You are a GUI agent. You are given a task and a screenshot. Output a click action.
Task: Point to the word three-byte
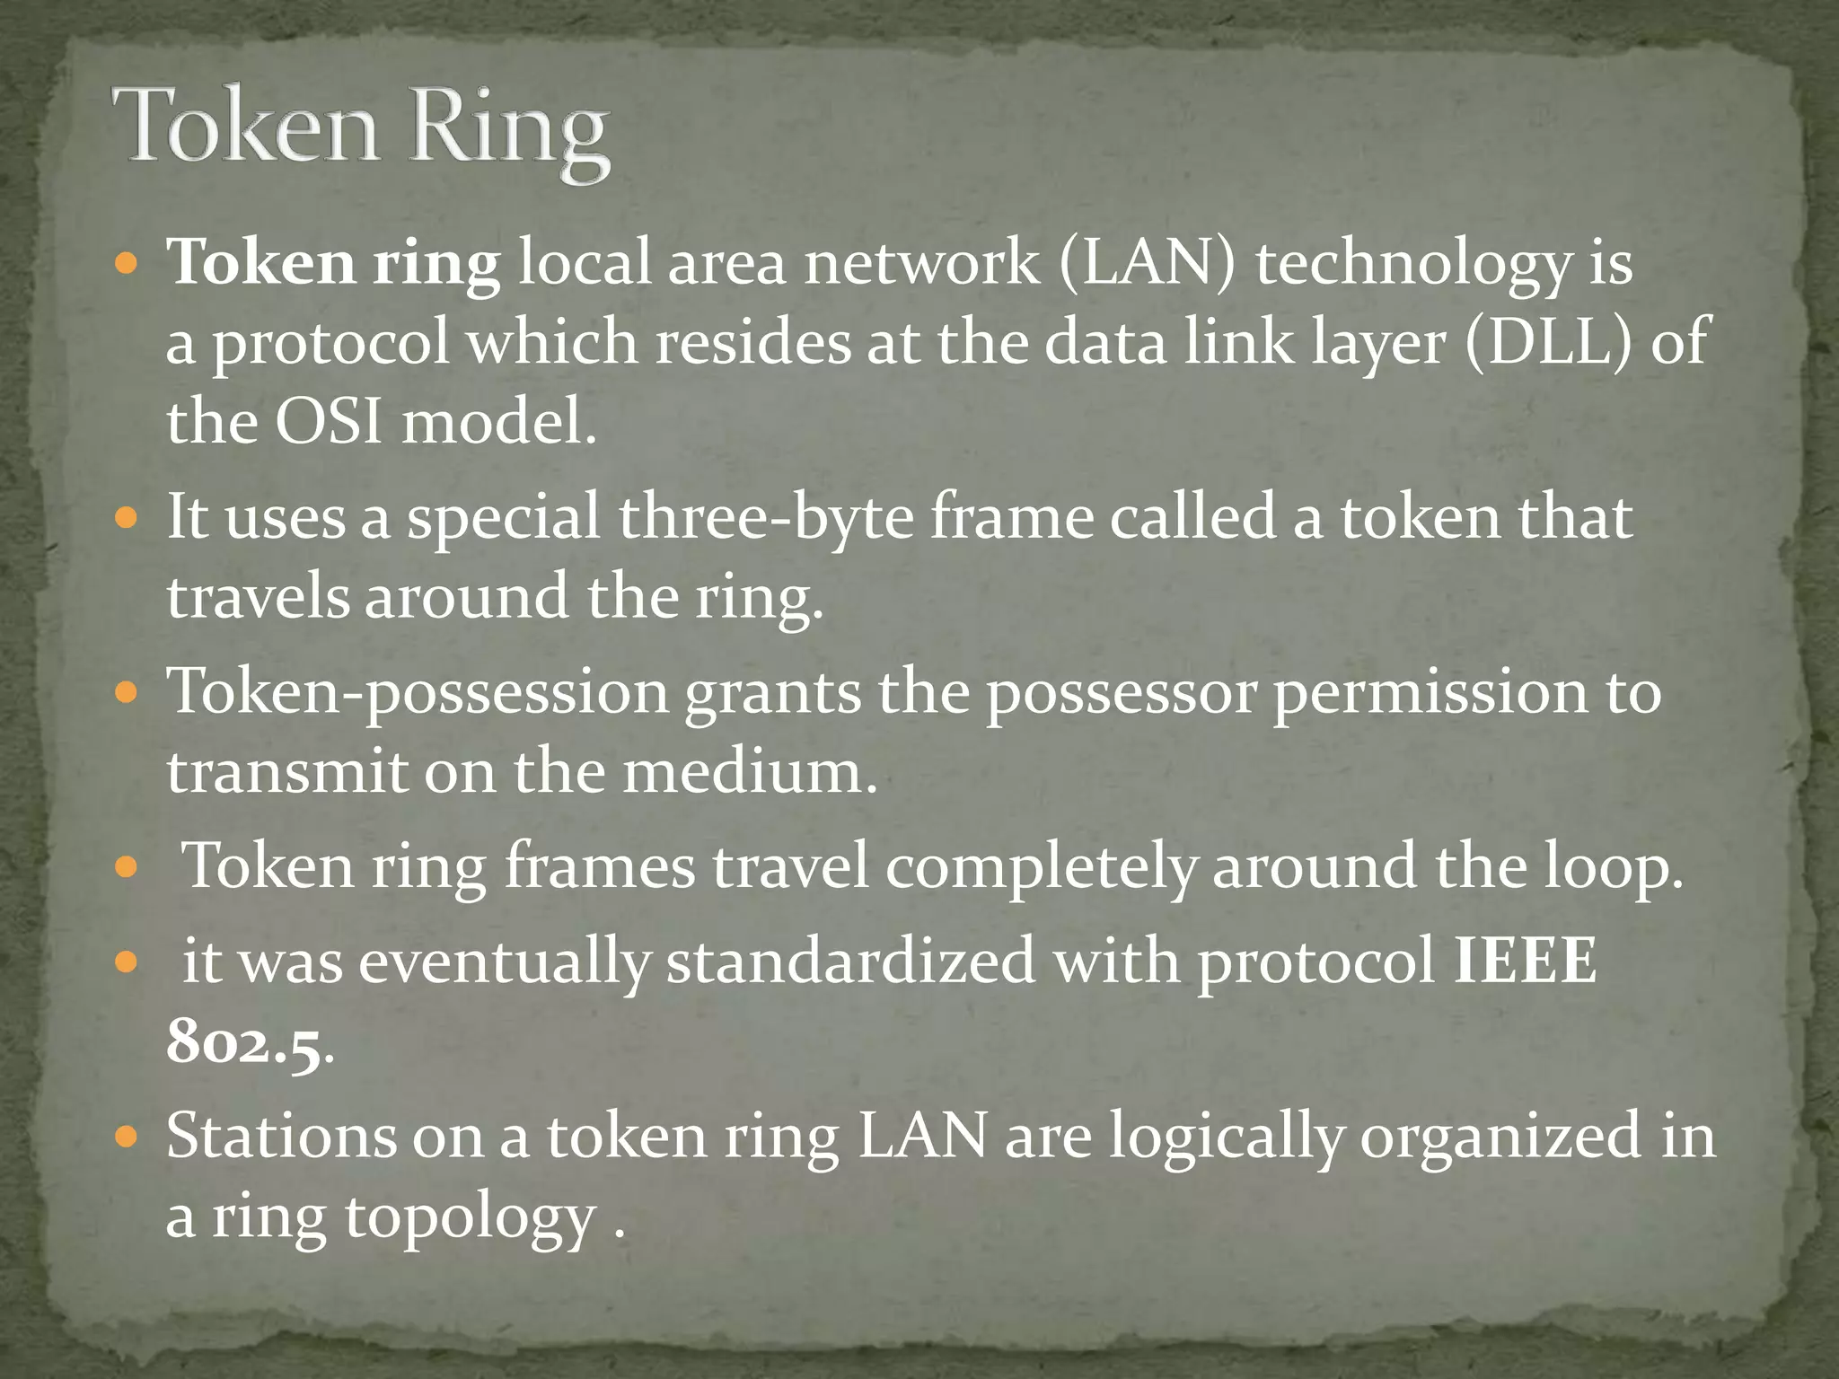point(765,517)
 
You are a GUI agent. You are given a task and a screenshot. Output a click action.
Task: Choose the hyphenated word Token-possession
point(418,691)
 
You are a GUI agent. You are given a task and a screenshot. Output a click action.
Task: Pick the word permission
point(1431,693)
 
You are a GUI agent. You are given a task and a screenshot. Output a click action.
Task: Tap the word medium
point(748,771)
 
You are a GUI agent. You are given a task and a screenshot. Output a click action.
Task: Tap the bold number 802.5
point(244,1042)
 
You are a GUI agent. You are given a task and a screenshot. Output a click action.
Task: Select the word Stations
point(281,1136)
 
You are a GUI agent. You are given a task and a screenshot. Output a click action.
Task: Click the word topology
point(471,1217)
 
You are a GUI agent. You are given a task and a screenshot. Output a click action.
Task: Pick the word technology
point(1413,264)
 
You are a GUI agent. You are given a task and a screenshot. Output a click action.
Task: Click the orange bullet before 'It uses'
point(127,518)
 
